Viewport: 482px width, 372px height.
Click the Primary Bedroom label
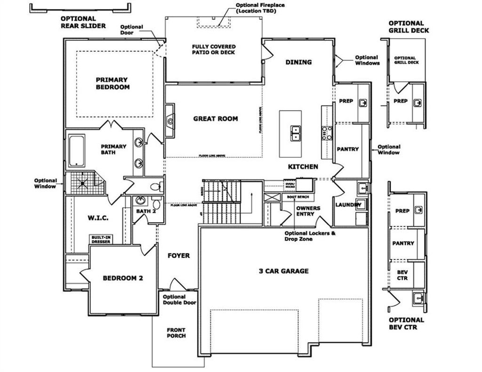pyautogui.click(x=112, y=83)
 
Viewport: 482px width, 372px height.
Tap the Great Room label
pyautogui.click(x=216, y=119)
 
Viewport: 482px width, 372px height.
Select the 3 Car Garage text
pyautogui.click(x=284, y=271)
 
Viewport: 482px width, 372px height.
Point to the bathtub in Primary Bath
pyautogui.click(x=77, y=151)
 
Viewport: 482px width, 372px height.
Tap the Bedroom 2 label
pyautogui.click(x=122, y=278)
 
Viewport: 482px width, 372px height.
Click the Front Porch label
pyautogui.click(x=176, y=333)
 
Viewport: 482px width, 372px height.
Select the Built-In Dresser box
pyautogui.click(x=101, y=239)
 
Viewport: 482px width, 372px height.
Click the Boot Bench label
pyautogui.click(x=297, y=197)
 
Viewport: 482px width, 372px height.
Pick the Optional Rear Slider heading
pyautogui.click(x=83, y=22)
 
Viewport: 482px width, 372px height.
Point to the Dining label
pyautogui.click(x=298, y=62)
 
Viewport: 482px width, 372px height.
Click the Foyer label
pyautogui.click(x=179, y=256)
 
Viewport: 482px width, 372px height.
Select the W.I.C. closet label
pyautogui.click(x=98, y=218)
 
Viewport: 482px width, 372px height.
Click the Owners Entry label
pyautogui.click(x=308, y=211)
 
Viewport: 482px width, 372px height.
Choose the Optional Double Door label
pyautogui.click(x=179, y=299)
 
